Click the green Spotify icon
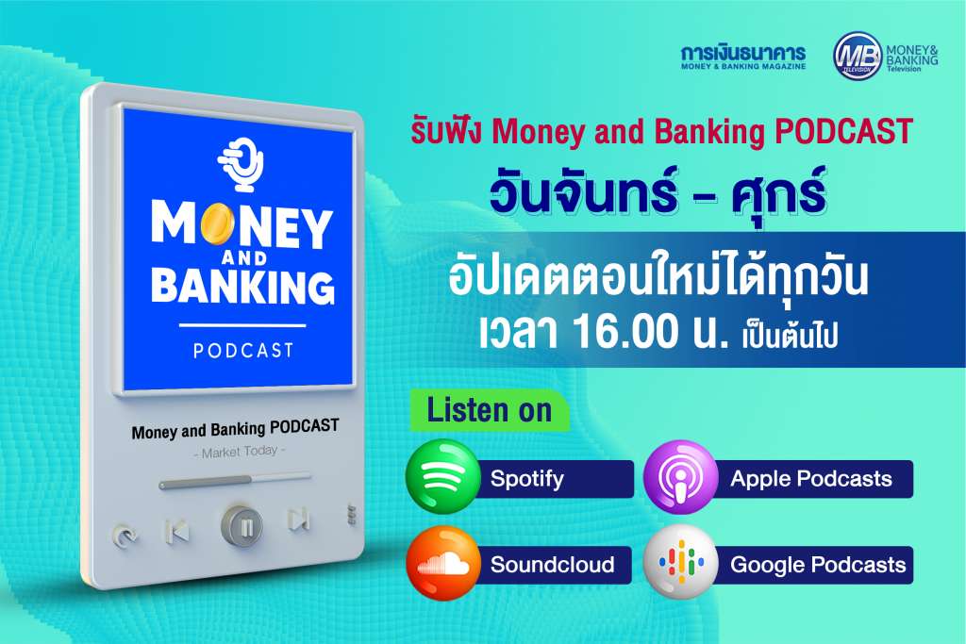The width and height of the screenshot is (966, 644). click(443, 476)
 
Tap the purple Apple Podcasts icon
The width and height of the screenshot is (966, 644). click(681, 476)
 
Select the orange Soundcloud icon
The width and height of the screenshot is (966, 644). click(443, 563)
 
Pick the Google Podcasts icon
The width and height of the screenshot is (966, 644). click(681, 563)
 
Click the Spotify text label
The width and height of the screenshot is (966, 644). click(526, 479)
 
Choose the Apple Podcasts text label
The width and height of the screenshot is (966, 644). click(810, 479)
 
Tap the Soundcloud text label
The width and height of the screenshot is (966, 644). click(552, 565)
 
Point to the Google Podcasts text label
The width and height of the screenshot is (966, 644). click(818, 565)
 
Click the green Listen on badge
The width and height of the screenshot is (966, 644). click(490, 411)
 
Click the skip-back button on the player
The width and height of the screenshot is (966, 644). click(177, 532)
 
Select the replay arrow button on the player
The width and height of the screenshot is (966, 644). click(125, 537)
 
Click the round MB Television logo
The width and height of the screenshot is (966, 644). click(857, 56)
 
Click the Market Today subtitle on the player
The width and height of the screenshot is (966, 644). click(240, 453)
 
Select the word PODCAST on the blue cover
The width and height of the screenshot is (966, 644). click(243, 351)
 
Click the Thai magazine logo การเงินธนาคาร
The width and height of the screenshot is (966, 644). click(743, 57)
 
